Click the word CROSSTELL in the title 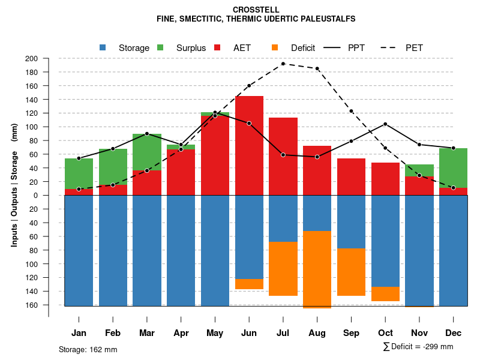pos(256,10)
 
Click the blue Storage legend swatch pos(103,47)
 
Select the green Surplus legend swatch pos(161,47)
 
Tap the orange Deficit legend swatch pos(275,47)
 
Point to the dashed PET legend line pos(394,47)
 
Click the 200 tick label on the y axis pos(31,58)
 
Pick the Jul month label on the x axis pos(283,333)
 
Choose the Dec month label pos(454,333)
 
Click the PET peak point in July pos(283,64)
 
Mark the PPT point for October pos(385,124)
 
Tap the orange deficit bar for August pos(317,269)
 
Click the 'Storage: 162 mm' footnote pos(88,349)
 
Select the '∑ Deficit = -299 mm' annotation pos(418,347)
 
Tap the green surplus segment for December pos(454,168)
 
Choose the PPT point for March pos(147,134)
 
